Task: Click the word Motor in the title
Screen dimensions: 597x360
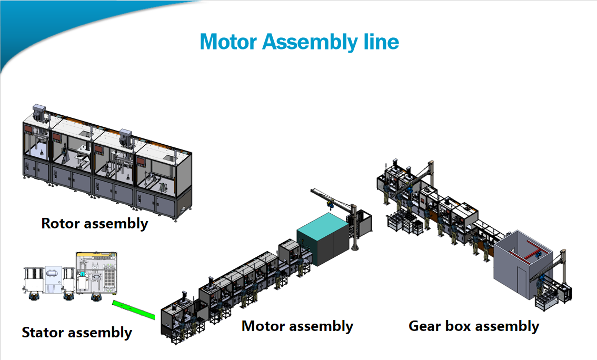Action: [x=228, y=42]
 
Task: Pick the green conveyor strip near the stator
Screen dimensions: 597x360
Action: [x=134, y=310]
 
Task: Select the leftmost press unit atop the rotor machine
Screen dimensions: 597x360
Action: [x=39, y=113]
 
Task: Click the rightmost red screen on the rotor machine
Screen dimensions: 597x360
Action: [x=141, y=162]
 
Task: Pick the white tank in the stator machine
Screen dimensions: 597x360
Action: [x=52, y=273]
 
